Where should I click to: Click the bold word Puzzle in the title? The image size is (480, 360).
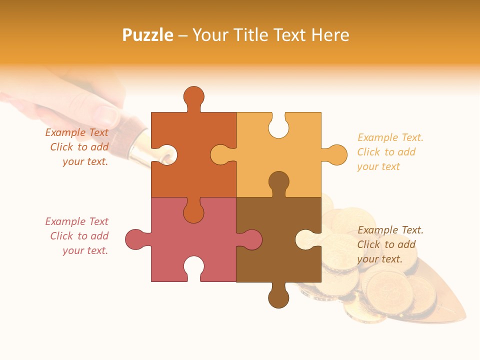[148, 35]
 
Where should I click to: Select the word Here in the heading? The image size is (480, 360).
[330, 35]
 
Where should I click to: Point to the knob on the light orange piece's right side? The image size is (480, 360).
[336, 155]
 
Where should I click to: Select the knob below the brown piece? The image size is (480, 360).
[278, 297]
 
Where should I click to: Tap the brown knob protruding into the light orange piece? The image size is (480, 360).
[278, 181]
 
